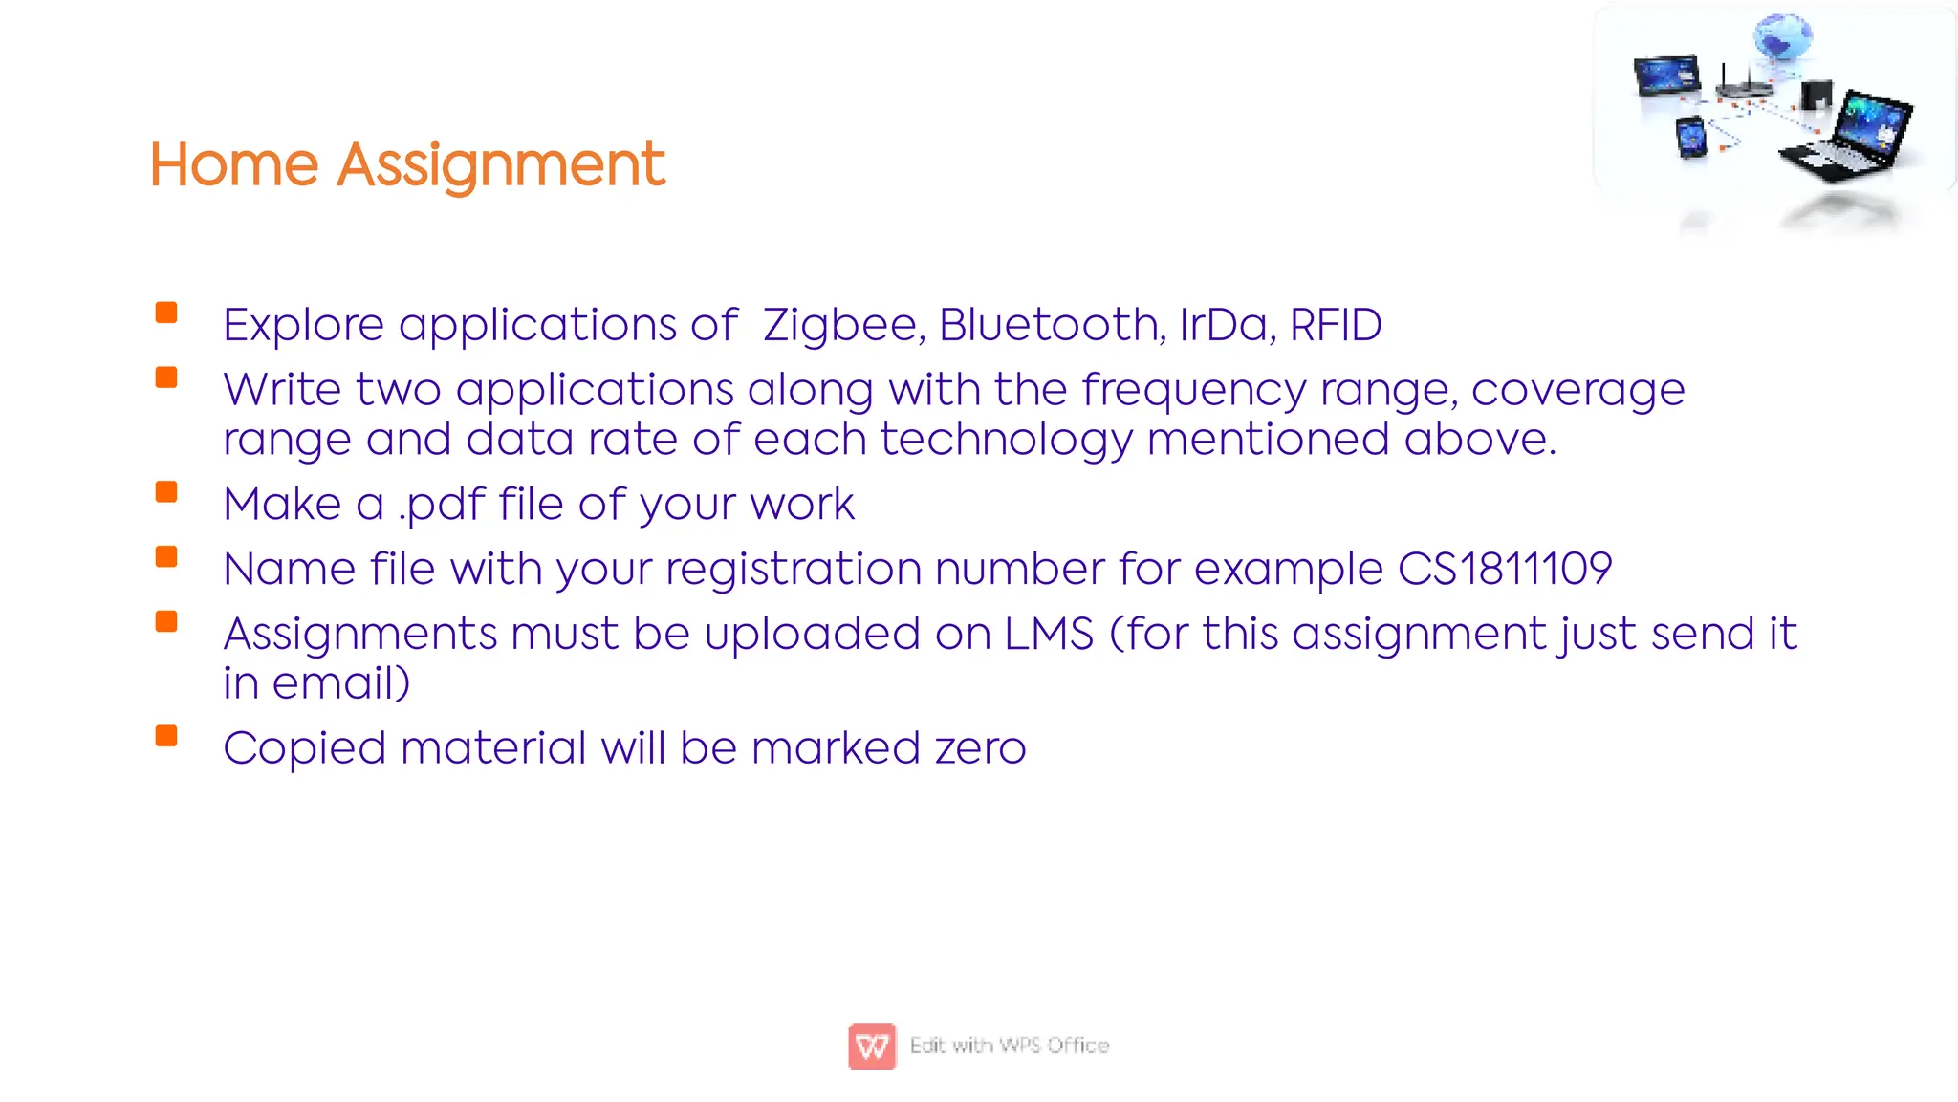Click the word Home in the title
(x=233, y=164)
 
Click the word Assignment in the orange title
(x=500, y=166)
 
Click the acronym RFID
(x=1336, y=325)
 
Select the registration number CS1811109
(x=1505, y=570)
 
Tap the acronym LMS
(x=1049, y=635)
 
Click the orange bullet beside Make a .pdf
(x=166, y=492)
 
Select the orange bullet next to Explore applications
(x=166, y=313)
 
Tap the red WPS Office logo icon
(x=872, y=1046)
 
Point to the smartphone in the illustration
(x=1691, y=138)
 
